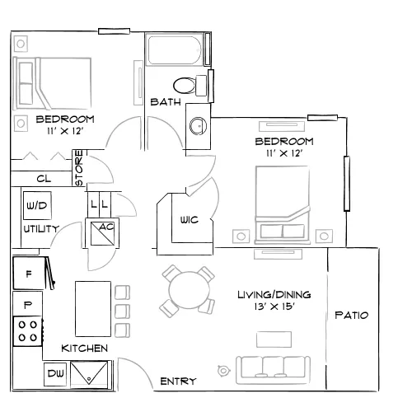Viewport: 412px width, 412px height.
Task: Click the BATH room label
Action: [x=166, y=102]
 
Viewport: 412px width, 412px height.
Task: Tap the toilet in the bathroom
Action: [x=190, y=86]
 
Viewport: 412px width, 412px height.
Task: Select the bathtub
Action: [x=175, y=49]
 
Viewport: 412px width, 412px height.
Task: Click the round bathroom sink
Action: [x=198, y=126]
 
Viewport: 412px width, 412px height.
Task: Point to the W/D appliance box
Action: [x=37, y=205]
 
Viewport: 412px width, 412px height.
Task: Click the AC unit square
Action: [x=102, y=234]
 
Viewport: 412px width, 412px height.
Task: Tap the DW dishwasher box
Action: [x=55, y=374]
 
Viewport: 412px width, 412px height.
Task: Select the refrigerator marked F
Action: [x=29, y=273]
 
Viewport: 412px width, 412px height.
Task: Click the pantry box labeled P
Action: [x=27, y=304]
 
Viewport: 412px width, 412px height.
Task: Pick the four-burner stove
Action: [x=27, y=331]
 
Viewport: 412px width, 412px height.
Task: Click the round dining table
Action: [x=190, y=290]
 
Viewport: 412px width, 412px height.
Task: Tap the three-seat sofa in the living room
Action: [x=274, y=370]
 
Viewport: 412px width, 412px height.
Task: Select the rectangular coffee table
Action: [x=274, y=339]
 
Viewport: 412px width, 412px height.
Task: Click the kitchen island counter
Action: [x=93, y=309]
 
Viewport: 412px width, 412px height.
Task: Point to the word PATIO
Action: [x=352, y=315]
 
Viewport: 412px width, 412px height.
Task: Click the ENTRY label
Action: [x=178, y=382]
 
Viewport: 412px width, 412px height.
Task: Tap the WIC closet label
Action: [x=190, y=220]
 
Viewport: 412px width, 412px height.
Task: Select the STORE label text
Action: [x=79, y=168]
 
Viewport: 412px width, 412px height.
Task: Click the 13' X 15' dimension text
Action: [x=274, y=307]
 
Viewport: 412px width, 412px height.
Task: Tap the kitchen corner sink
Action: [x=89, y=374]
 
